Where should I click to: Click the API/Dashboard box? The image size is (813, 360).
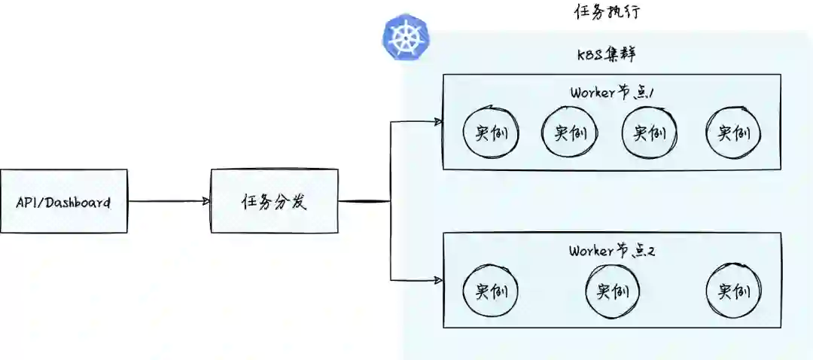point(64,201)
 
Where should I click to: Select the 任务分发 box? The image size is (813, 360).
point(274,201)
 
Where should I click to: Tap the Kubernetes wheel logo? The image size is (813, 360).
point(405,38)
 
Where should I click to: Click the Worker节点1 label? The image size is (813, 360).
point(611,93)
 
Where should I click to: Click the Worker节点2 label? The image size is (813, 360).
point(611,251)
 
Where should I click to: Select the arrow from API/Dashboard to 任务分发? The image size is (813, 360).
point(169,201)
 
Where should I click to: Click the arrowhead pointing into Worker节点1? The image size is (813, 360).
point(437,121)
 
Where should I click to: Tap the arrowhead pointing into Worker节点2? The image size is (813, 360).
point(437,280)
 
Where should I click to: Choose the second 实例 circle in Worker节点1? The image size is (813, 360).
point(570,134)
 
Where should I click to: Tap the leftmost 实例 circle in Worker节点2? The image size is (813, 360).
point(491,291)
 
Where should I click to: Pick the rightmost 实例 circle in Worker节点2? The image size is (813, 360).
point(733,291)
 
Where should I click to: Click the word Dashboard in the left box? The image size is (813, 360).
point(78,202)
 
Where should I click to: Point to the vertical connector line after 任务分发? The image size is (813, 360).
point(391,201)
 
